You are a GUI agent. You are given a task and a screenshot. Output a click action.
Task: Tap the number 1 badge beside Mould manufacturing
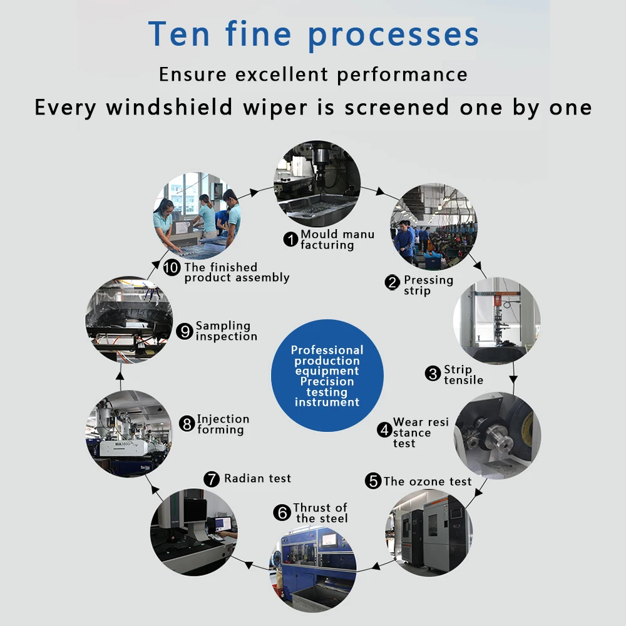(x=290, y=239)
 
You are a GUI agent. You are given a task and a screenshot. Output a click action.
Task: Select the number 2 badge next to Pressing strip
(x=393, y=283)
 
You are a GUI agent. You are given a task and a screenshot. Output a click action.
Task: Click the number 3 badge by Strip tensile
(x=433, y=374)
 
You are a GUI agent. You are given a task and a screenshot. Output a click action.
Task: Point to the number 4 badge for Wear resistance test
(x=384, y=430)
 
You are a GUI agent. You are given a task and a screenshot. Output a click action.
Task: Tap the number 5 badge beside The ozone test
(x=374, y=481)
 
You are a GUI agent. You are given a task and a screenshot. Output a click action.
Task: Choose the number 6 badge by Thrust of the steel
(x=282, y=513)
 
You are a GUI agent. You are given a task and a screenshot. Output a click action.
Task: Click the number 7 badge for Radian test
(x=213, y=480)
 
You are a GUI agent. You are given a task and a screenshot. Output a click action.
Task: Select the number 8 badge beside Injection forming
(x=187, y=424)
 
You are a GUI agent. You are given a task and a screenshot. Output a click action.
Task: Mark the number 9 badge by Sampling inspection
(x=185, y=331)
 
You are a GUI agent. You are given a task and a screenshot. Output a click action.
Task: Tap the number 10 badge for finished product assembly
(x=172, y=268)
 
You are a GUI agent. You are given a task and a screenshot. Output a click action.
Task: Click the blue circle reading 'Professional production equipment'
(x=327, y=376)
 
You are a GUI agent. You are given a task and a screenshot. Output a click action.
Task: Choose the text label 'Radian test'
(x=257, y=479)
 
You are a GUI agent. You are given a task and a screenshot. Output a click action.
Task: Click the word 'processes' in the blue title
(x=394, y=34)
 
